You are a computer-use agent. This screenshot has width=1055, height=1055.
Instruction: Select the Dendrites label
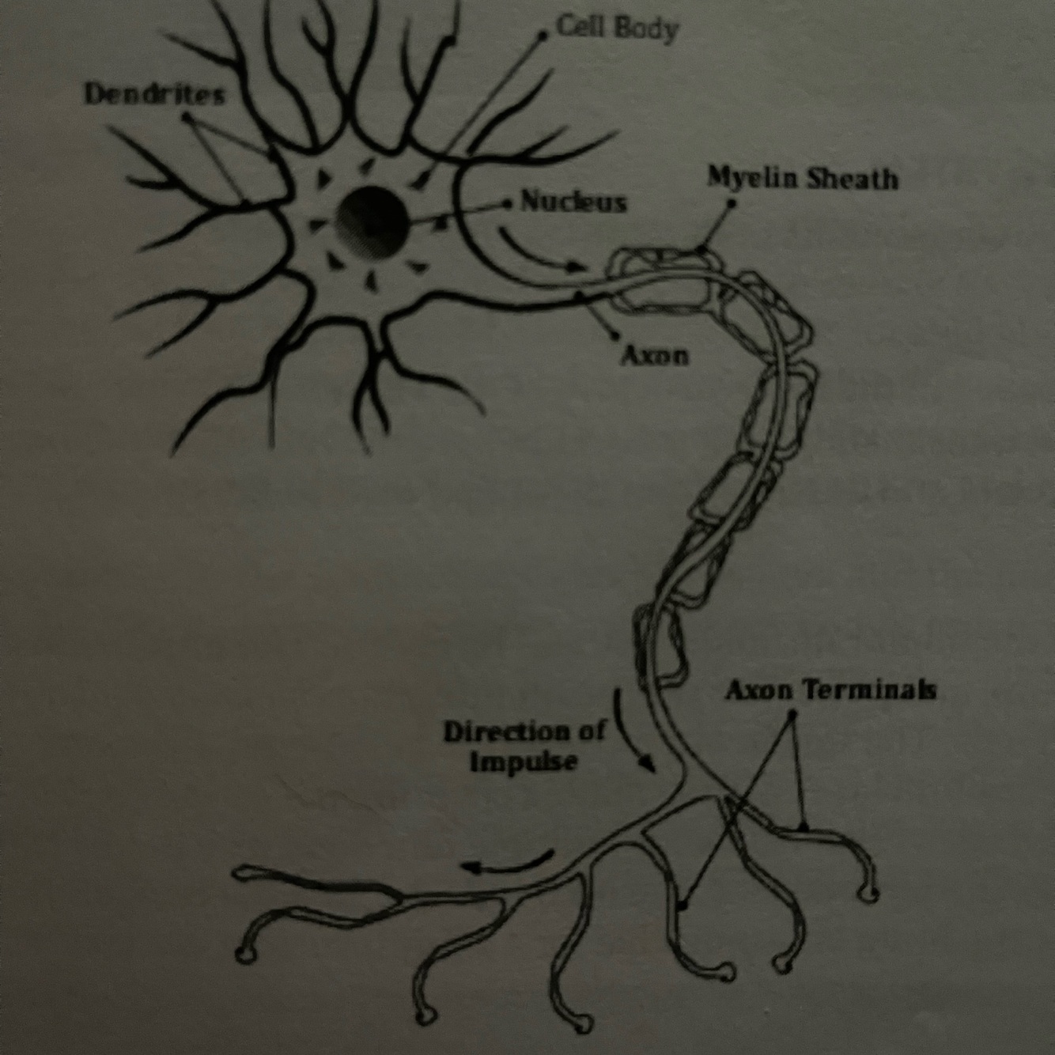pyautogui.click(x=155, y=95)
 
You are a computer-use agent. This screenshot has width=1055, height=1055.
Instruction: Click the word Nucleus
pyautogui.click(x=573, y=203)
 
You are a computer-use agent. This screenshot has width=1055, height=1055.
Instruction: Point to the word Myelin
pyautogui.click(x=752, y=178)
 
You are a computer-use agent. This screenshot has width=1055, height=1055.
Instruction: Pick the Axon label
pyautogui.click(x=654, y=357)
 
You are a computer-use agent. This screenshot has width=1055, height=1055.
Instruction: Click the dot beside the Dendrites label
pyautogui.click(x=186, y=116)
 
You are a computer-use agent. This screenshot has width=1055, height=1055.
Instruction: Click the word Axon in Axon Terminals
pyautogui.click(x=758, y=691)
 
